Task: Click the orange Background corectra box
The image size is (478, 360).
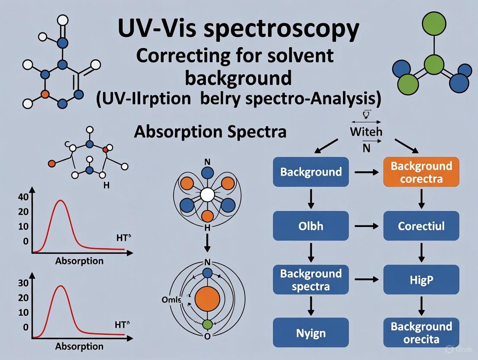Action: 421,172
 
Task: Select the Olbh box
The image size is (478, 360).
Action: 310,226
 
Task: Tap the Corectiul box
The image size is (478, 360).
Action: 421,226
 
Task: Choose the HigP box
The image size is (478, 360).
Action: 421,280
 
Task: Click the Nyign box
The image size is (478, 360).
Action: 310,333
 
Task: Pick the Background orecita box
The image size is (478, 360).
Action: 421,333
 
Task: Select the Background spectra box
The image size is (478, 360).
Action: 310,280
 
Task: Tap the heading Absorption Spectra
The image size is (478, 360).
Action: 210,131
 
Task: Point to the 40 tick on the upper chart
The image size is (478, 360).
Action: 23,196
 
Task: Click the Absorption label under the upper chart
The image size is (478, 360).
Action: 79,261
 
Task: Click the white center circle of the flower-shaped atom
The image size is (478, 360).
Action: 208,196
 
